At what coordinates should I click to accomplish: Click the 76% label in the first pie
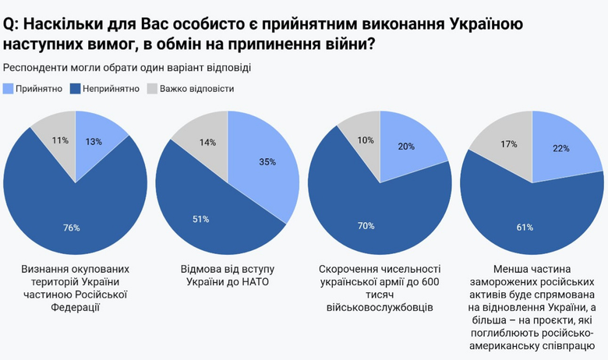click(71, 228)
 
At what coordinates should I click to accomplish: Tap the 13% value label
click(94, 142)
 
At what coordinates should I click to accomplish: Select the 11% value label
click(60, 140)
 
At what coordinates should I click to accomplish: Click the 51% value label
click(200, 219)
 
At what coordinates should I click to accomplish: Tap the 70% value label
click(365, 226)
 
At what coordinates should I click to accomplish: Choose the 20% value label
click(406, 146)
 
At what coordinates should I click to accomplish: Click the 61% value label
click(525, 228)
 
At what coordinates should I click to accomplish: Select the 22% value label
click(560, 148)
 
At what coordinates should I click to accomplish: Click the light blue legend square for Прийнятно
click(9, 89)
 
